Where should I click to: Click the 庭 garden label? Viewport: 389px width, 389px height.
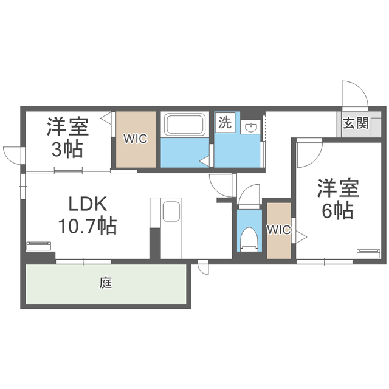tap(106, 283)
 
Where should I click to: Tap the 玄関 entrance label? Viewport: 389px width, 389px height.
tap(356, 123)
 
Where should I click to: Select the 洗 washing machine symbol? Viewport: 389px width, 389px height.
tap(224, 122)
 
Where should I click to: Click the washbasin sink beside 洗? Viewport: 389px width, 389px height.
tap(252, 127)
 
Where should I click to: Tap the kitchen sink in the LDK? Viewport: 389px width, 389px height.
tap(171, 212)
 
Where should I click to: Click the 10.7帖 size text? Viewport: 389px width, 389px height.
tap(88, 226)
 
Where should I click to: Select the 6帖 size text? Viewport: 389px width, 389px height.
tap(337, 211)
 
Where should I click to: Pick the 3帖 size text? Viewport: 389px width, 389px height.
tap(67, 149)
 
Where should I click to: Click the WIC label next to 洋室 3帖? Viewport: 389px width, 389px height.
tap(136, 139)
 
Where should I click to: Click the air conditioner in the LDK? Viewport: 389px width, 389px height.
tap(40, 246)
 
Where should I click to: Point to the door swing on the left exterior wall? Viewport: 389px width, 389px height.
tap(12, 154)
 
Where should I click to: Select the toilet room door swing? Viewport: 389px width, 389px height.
tap(248, 195)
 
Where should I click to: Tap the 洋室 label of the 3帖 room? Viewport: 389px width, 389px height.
tap(67, 126)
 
